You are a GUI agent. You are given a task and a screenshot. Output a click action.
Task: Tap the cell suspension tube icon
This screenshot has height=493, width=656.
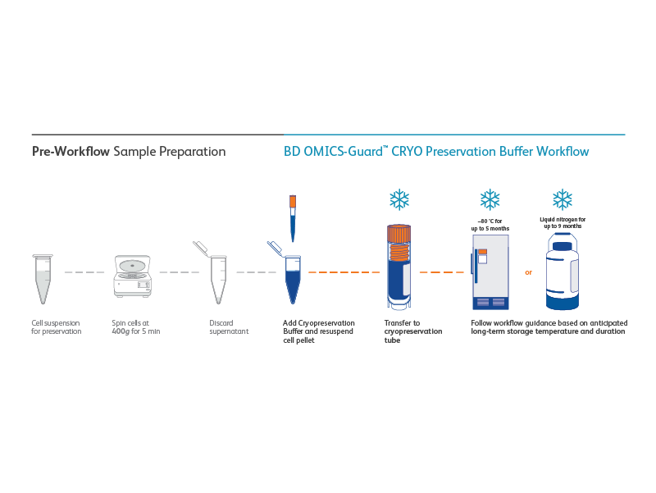tap(42, 279)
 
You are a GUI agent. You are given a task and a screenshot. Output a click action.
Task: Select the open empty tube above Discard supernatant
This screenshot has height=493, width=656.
tap(216, 276)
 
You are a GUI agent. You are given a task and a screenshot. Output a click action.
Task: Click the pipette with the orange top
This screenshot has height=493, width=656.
tap(292, 214)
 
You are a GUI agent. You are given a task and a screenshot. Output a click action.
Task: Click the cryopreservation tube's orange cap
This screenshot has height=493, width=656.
tap(399, 234)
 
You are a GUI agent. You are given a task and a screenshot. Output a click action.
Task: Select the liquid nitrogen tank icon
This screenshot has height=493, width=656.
tap(563, 272)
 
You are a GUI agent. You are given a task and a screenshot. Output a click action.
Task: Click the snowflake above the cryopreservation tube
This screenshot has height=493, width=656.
tap(399, 199)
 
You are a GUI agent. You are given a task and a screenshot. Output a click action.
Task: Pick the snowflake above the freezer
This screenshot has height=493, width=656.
tap(490, 199)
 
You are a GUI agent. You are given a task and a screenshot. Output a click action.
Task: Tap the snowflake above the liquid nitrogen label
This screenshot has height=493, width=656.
tap(563, 199)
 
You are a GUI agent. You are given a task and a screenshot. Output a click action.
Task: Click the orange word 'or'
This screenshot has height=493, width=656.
tap(528, 272)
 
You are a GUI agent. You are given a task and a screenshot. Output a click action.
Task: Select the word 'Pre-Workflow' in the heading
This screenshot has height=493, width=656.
tap(71, 152)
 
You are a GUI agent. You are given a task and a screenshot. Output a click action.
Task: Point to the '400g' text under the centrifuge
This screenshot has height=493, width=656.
tap(122, 331)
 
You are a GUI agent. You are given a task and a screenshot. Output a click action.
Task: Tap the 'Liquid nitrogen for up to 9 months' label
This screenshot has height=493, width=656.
tap(563, 222)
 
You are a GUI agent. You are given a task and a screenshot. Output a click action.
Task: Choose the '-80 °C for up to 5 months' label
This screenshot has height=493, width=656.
tap(490, 225)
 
